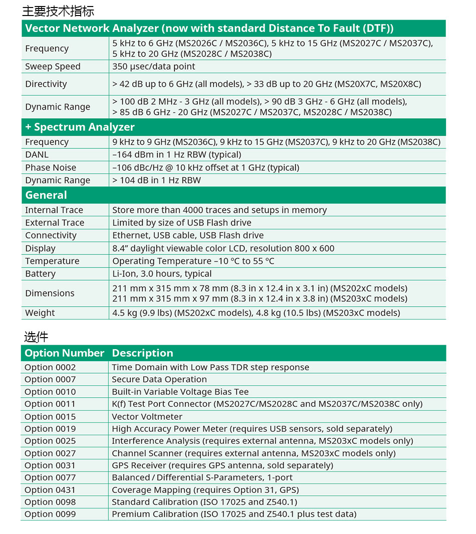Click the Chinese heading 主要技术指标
[58, 11]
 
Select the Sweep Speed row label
[53, 67]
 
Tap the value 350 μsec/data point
[154, 67]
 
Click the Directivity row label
[46, 84]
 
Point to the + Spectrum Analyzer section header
[80, 127]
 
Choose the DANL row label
[37, 155]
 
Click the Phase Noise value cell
[205, 168]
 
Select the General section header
[46, 195]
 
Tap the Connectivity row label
[51, 235]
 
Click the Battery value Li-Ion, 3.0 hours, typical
[162, 274]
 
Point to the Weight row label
[40, 313]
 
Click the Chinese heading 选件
[36, 337]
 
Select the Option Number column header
[65, 353]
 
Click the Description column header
[142, 353]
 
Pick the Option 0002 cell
[50, 367]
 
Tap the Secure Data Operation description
[159, 380]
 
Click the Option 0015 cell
[50, 417]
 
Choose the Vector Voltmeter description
[147, 417]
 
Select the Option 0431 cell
[50, 490]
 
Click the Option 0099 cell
[50, 514]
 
